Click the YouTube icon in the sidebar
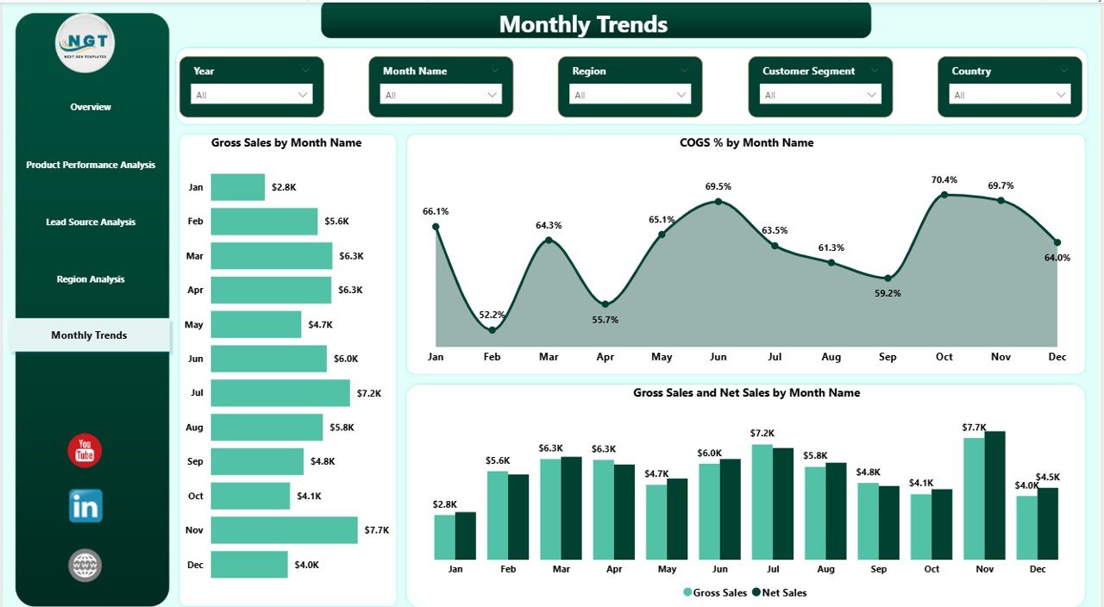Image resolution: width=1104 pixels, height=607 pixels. [x=85, y=451]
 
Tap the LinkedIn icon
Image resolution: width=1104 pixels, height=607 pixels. [x=85, y=506]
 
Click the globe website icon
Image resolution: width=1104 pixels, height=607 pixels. [x=85, y=566]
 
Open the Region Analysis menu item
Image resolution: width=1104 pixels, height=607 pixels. [x=91, y=279]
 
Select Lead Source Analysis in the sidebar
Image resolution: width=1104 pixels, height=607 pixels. [x=91, y=222]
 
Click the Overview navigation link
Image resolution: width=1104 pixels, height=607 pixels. [x=91, y=107]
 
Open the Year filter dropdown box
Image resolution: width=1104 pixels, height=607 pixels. [x=251, y=95]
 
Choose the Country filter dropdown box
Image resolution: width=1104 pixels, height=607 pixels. [x=1009, y=95]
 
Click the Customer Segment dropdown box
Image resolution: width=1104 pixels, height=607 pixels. [x=820, y=95]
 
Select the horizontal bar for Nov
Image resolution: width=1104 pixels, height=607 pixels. [x=284, y=530]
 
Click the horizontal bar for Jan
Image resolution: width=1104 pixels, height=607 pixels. [x=237, y=187]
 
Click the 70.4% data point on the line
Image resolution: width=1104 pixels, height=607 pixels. [x=944, y=195]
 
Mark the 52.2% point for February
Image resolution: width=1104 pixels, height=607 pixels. [x=492, y=329]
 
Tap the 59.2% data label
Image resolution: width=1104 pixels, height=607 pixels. [x=887, y=293]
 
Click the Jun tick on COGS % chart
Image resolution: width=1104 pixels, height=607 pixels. [x=718, y=357]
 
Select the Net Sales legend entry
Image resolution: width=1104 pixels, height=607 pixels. [x=780, y=592]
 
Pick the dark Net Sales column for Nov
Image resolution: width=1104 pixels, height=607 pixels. [x=994, y=495]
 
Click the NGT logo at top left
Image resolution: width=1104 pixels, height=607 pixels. [x=85, y=43]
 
